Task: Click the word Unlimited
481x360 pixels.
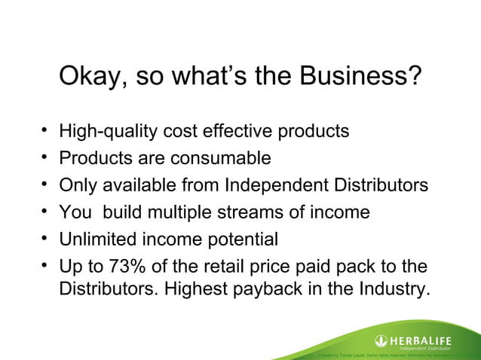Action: tap(98, 239)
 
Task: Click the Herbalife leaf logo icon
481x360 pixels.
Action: tap(382, 340)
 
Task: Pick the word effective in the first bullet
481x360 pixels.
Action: tap(246, 131)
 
